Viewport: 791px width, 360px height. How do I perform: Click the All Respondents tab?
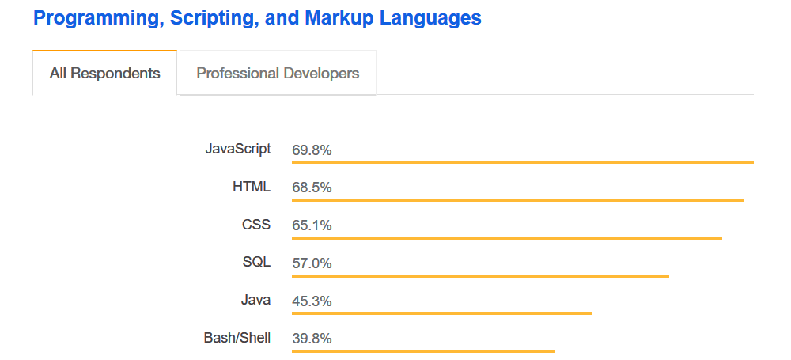pos(104,74)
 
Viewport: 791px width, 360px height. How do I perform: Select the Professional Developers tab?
pos(278,74)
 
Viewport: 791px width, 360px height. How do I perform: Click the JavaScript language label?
pos(238,148)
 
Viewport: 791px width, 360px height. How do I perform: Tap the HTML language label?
pos(252,187)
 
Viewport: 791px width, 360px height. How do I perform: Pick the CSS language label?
pos(256,225)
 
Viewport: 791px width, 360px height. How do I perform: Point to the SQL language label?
pos(256,262)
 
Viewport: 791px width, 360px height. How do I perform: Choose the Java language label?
pos(255,300)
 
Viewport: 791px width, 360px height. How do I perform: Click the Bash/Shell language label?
pos(237,338)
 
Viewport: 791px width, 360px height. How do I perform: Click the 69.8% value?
pos(312,150)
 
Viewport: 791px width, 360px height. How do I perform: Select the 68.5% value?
pos(312,188)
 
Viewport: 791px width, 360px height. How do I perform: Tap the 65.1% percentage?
pos(312,225)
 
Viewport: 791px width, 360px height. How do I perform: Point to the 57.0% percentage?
pos(312,263)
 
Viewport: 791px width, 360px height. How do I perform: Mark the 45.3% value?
pos(312,301)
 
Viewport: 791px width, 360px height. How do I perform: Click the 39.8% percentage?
pos(312,339)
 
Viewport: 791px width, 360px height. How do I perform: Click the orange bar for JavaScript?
pos(522,161)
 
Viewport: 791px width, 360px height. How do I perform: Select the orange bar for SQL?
pos(480,275)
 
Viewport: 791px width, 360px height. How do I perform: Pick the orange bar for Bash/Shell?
pos(423,351)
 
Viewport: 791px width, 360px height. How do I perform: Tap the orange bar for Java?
pos(441,313)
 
